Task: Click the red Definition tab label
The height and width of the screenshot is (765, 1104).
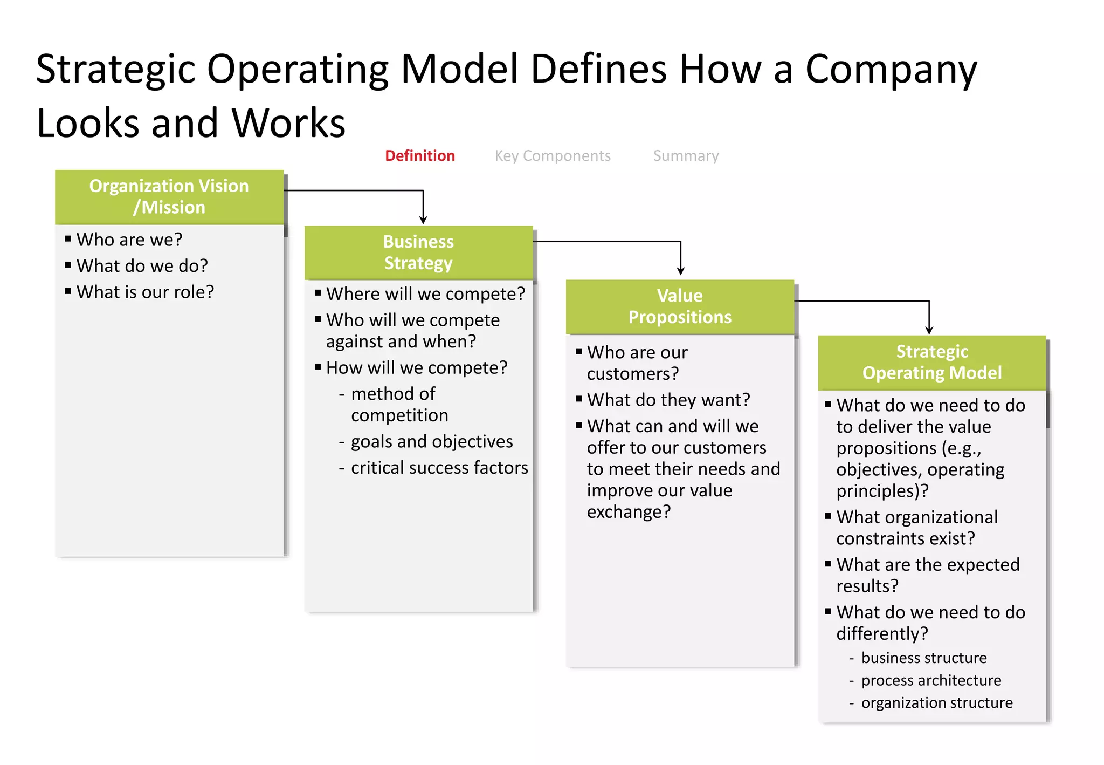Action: (x=420, y=156)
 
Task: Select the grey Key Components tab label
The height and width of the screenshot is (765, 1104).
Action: (x=553, y=156)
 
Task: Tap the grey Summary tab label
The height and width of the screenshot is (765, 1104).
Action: (x=686, y=156)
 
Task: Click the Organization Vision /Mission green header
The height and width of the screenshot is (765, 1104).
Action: (x=169, y=197)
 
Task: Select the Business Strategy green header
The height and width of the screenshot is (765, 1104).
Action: (x=418, y=252)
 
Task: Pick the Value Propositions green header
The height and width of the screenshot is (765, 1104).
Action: (x=680, y=306)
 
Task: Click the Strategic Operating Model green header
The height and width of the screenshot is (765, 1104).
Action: (x=931, y=363)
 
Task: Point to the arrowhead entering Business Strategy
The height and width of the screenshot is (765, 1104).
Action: (x=423, y=220)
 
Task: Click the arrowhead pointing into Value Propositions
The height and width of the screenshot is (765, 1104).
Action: (x=681, y=271)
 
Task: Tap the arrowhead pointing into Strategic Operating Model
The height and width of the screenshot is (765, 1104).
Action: (x=929, y=330)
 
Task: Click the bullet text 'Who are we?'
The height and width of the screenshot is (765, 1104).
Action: (x=129, y=240)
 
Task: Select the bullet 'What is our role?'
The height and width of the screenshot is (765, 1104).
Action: (x=145, y=292)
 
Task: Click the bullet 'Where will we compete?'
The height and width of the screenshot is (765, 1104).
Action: (x=425, y=294)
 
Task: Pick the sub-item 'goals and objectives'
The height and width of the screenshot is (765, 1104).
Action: (x=432, y=441)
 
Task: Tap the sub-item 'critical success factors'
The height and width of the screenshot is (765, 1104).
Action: (x=439, y=468)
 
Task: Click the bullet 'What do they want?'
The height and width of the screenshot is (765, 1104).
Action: (x=668, y=400)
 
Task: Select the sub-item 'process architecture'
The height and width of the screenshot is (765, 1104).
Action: (x=931, y=680)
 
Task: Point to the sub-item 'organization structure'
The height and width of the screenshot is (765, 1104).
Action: (x=937, y=703)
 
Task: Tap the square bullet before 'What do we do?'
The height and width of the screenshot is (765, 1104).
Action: (x=68, y=265)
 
